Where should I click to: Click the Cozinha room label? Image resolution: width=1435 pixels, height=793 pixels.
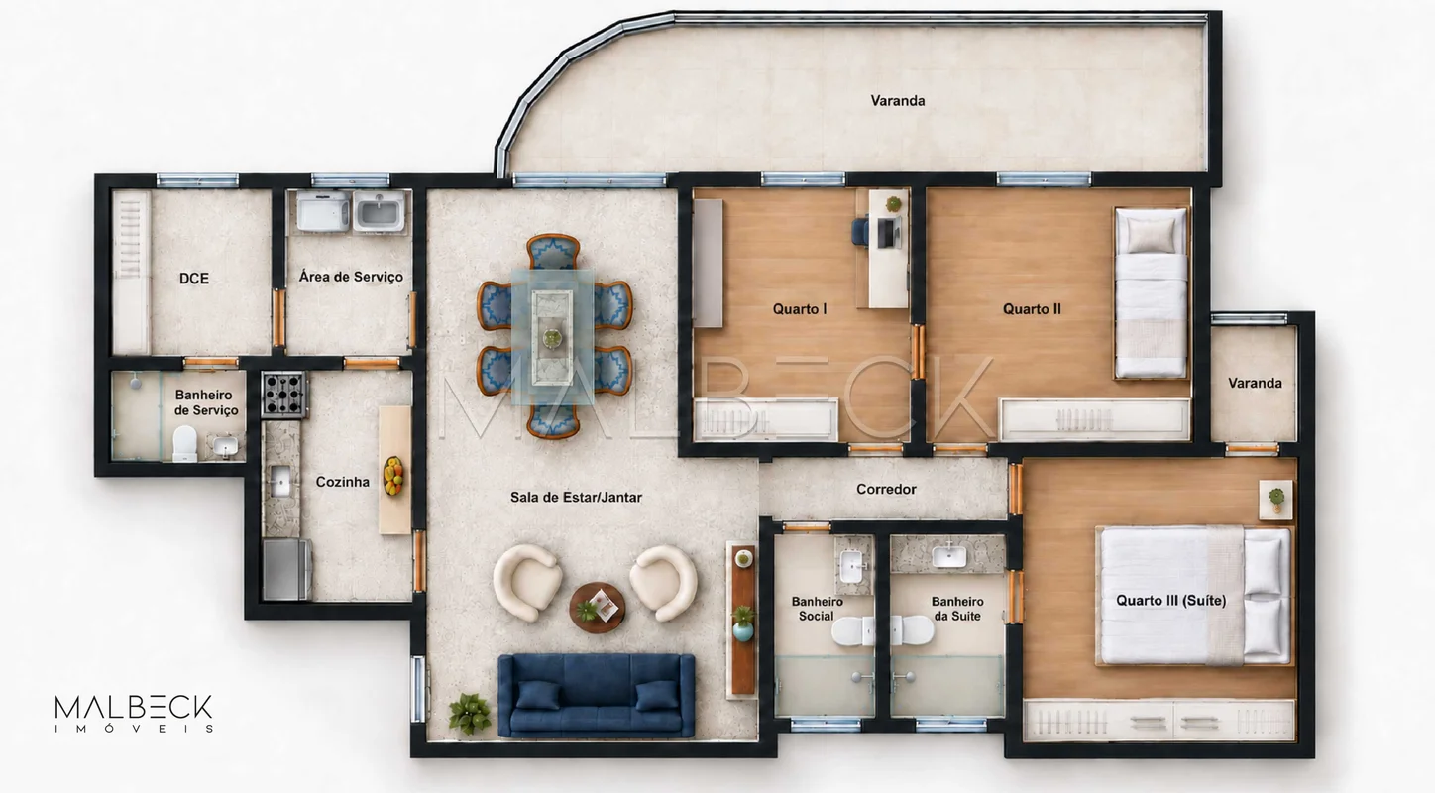tap(342, 482)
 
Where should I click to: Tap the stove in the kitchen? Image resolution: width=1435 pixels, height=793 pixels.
tap(283, 395)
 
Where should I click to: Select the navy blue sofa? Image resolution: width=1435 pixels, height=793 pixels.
tap(597, 695)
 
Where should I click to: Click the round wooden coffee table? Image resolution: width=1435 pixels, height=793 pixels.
tap(597, 608)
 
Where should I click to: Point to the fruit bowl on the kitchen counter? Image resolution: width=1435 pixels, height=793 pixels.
tap(393, 475)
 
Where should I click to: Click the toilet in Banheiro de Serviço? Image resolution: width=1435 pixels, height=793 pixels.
tap(184, 443)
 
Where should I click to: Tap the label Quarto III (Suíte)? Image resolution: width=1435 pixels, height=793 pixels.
tap(1171, 600)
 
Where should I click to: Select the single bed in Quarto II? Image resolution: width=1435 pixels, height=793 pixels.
tap(1152, 292)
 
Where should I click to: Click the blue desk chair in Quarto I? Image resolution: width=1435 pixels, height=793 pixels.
tap(860, 231)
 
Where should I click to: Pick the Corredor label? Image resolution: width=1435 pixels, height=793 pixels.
tap(886, 489)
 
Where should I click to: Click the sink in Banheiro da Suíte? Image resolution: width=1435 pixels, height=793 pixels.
tap(948, 555)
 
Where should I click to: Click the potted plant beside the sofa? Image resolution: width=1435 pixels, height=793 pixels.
tap(470, 713)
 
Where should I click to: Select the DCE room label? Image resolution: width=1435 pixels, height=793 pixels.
tap(193, 278)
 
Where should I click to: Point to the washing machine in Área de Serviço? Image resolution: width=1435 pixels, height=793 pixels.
tap(323, 211)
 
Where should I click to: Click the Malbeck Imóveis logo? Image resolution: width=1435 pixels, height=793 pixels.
tap(134, 713)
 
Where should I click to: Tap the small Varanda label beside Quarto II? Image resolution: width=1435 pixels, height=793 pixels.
tap(1255, 383)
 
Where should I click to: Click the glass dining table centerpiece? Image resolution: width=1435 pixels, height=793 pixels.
tap(552, 337)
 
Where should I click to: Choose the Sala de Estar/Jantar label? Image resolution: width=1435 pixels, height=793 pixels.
tap(576, 497)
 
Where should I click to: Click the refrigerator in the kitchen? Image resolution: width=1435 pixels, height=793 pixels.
tap(287, 569)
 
